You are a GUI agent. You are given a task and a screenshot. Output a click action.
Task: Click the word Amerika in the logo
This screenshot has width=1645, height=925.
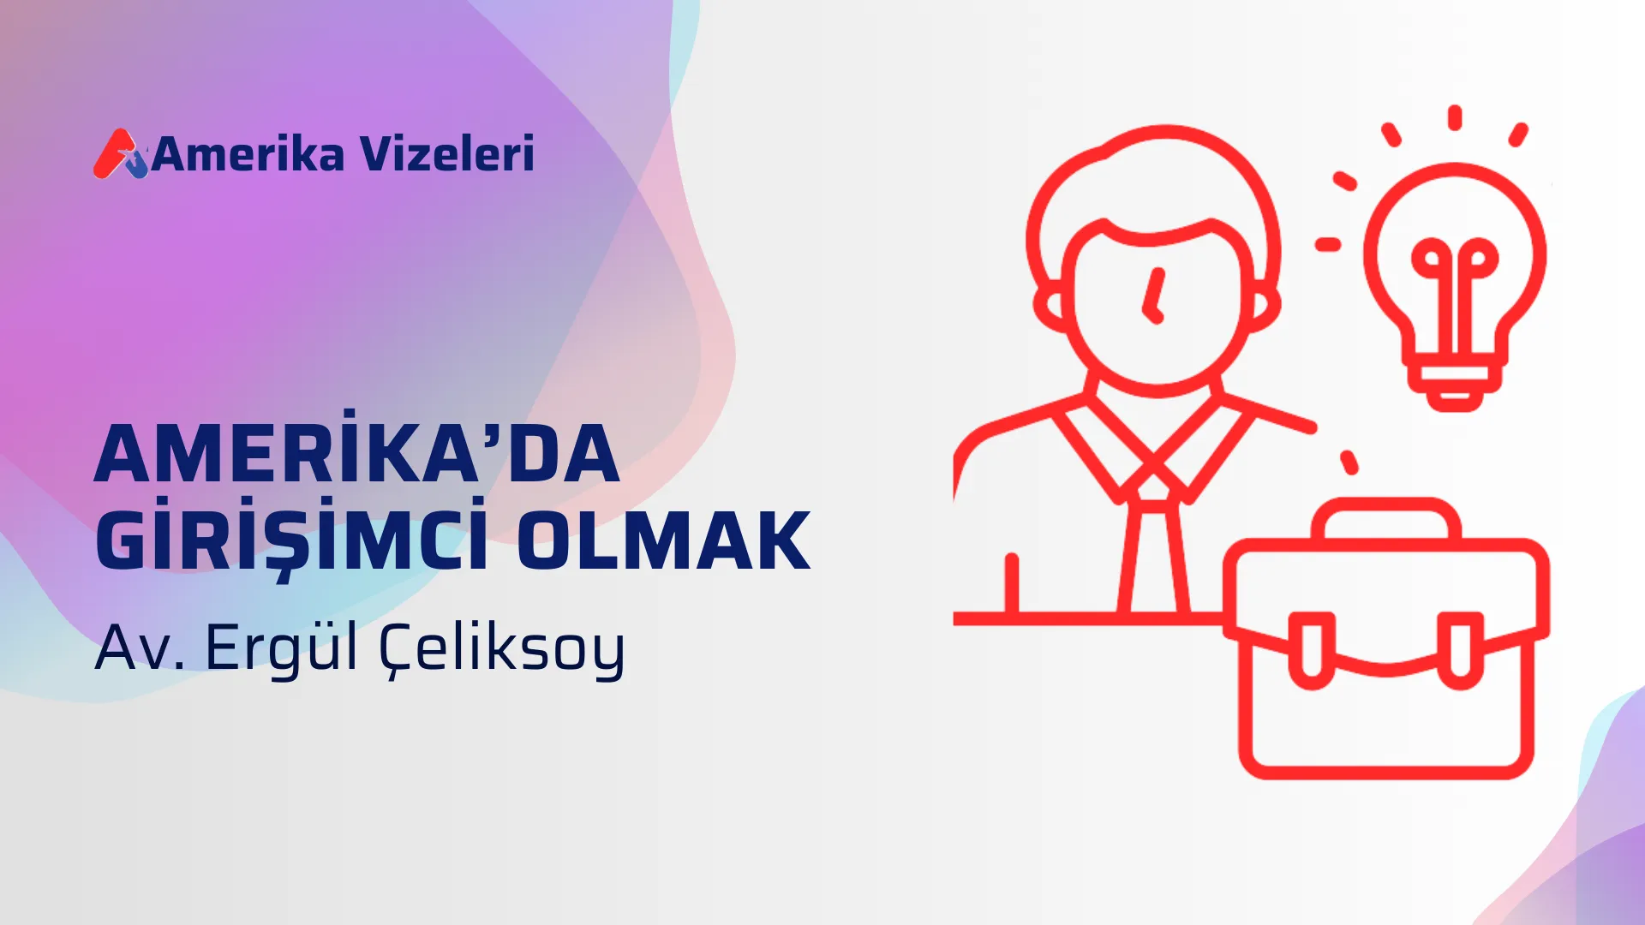(x=248, y=155)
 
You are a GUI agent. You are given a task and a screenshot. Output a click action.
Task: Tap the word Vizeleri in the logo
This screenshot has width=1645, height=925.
(x=446, y=155)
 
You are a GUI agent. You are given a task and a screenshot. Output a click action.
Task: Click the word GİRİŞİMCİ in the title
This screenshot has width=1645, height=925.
(x=291, y=540)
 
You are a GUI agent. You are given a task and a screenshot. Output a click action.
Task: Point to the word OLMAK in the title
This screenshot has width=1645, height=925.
(x=664, y=540)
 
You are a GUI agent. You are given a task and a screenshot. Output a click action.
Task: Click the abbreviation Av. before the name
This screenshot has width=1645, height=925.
(x=140, y=647)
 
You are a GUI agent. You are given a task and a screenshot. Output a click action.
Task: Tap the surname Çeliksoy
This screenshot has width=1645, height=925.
(x=502, y=647)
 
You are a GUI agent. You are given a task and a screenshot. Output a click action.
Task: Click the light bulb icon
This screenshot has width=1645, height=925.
(x=1455, y=274)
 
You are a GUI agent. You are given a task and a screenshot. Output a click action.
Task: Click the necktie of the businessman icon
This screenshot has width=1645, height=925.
(x=1153, y=548)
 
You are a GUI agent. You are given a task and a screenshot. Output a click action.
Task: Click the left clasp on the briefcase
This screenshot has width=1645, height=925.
(x=1312, y=651)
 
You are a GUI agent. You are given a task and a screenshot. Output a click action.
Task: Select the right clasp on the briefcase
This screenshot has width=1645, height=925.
(x=1460, y=651)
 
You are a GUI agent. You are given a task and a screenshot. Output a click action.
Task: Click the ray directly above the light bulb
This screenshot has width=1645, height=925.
(x=1454, y=117)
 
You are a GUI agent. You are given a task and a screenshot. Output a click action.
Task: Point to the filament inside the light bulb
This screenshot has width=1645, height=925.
(x=1454, y=274)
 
